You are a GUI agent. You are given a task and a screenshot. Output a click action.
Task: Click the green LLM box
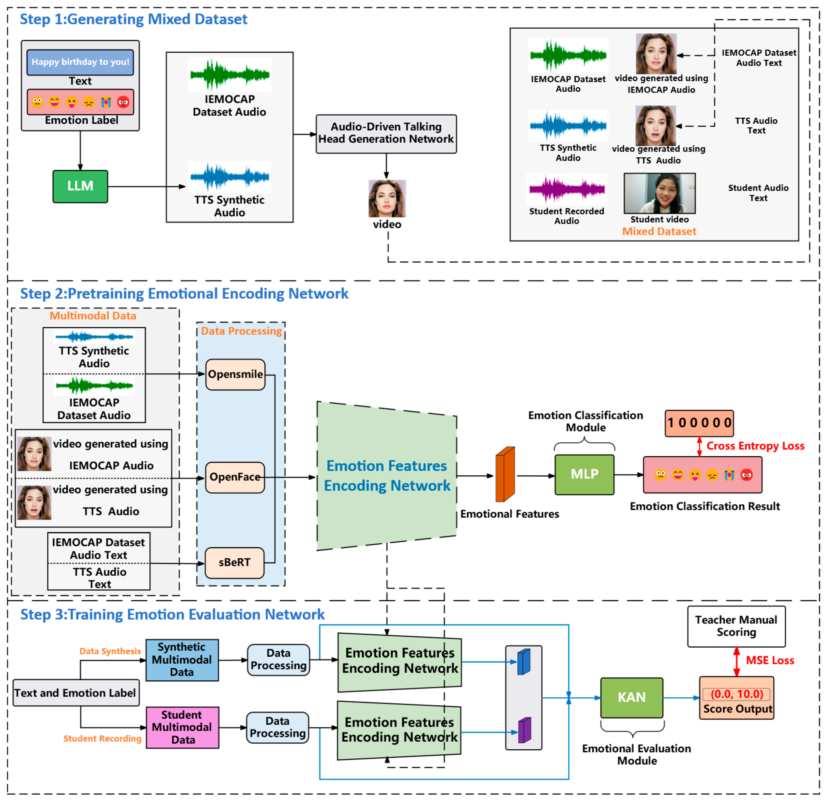point(80,186)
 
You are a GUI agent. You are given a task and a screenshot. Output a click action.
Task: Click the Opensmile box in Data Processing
point(235,374)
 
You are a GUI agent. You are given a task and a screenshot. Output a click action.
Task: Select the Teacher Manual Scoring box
point(736,626)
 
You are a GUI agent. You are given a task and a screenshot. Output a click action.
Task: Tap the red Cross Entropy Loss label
point(755,446)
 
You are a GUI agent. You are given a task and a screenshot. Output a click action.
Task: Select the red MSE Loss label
point(770,660)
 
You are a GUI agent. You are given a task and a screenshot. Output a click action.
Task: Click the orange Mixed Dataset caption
point(659,231)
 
